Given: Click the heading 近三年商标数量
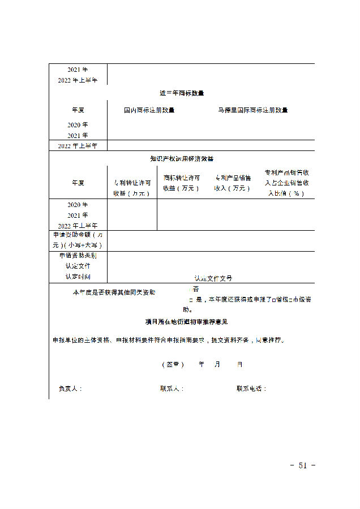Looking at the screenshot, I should [181, 93].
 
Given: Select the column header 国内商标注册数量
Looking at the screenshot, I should [149, 110].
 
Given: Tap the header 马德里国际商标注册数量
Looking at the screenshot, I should [252, 110].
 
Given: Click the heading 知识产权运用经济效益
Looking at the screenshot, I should [181, 159].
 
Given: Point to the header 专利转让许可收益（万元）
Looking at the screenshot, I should [132, 188].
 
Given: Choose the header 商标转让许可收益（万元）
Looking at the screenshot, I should [181, 183].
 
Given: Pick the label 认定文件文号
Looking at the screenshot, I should [213, 278].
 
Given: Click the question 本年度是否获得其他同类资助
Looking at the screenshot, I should [114, 292].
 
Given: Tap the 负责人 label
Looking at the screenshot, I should [70, 389].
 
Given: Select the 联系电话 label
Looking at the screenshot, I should [251, 389].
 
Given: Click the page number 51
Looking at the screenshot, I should [302, 465].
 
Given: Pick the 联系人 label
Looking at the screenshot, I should [172, 389].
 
